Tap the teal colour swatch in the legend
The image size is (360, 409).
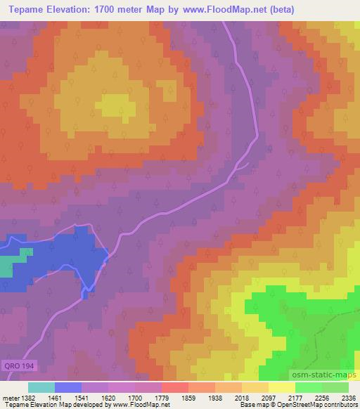41,387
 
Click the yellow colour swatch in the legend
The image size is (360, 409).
281,387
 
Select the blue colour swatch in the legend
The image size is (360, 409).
67,387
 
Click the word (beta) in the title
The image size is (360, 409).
281,10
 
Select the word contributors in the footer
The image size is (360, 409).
340,405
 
